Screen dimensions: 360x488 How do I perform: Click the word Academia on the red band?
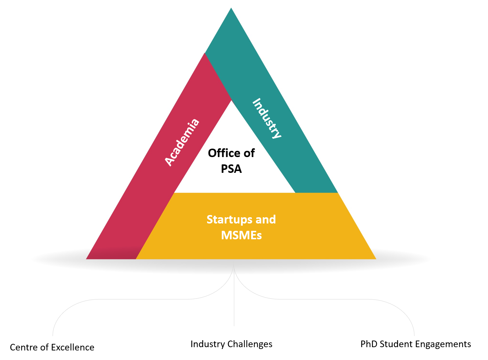pos(182,142)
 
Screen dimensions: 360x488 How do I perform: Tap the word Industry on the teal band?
pos(267,119)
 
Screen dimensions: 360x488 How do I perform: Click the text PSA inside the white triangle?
pos(231,169)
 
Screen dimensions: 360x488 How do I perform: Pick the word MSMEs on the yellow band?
pos(241,235)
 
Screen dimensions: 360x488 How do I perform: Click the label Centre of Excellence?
pos(52,348)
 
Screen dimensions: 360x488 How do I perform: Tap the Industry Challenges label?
pos(231,344)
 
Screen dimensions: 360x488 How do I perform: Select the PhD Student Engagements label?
pos(416,344)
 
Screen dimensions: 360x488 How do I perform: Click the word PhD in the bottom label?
pos(369,344)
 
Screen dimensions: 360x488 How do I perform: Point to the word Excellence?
pos(73,348)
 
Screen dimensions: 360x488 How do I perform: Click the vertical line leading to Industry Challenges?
pos(234,301)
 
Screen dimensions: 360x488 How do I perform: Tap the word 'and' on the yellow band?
pos(265,219)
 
